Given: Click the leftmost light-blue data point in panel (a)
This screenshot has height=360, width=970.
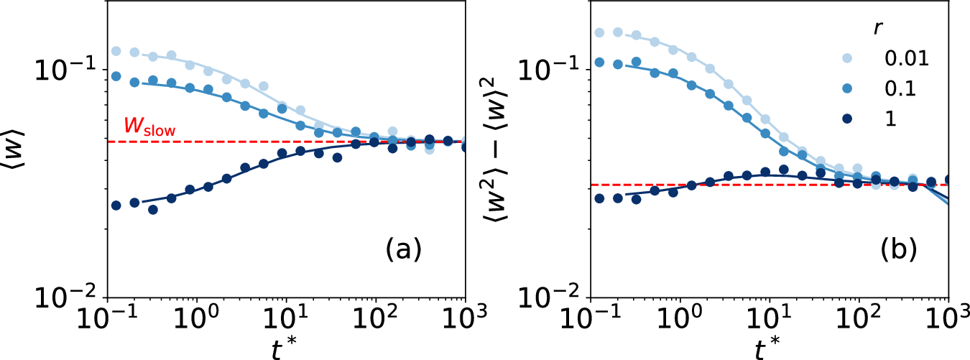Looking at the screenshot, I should tap(116, 51).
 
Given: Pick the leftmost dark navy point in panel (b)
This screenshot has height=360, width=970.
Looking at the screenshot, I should tap(600, 198).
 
